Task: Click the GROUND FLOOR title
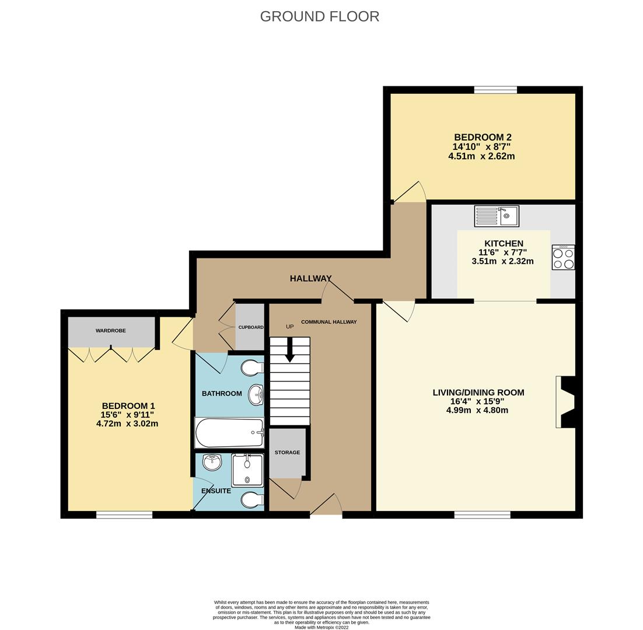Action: click(319, 16)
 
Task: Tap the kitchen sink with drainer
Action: click(496, 216)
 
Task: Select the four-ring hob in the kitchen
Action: click(563, 258)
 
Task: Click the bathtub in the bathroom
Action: click(229, 433)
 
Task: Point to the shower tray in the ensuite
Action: click(247, 470)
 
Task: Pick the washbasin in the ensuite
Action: click(212, 462)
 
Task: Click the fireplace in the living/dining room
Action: click(568, 402)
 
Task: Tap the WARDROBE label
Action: click(111, 331)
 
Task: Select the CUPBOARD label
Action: click(250, 327)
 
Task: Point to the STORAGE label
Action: click(287, 453)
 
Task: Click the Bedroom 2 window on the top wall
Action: click(495, 90)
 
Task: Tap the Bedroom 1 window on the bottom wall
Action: click(124, 514)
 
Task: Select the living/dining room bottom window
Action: click(482, 514)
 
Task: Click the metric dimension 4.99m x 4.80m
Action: click(477, 410)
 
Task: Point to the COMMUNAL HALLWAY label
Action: click(329, 322)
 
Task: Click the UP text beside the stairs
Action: click(289, 327)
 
